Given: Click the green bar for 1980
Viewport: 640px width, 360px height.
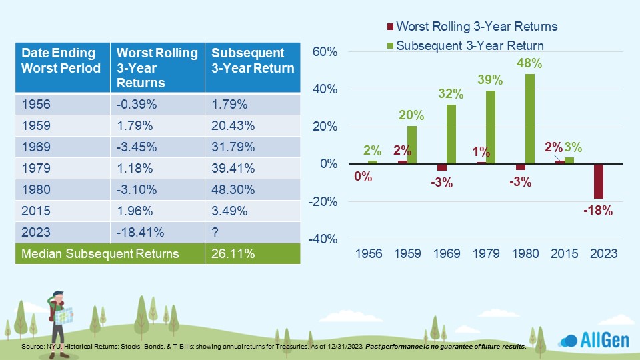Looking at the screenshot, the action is (530, 119).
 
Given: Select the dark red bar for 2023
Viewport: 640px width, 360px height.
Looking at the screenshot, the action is (599, 181).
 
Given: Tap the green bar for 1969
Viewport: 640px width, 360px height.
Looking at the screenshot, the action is (451, 134).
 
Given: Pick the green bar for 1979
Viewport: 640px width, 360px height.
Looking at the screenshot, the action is (491, 127).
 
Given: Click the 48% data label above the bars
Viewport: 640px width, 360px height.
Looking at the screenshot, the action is (529, 63).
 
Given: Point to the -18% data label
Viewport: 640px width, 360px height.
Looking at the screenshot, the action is (598, 211).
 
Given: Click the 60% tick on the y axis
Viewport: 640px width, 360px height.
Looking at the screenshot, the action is (325, 52).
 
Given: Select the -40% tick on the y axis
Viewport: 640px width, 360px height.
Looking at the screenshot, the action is (323, 239).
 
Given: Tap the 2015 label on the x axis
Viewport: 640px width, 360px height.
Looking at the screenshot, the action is (565, 253).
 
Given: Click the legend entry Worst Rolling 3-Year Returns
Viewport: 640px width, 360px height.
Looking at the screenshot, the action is (472, 27).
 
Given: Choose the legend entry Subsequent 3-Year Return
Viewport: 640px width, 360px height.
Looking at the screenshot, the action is (465, 45).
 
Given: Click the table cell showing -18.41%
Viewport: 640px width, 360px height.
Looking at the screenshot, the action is (157, 232).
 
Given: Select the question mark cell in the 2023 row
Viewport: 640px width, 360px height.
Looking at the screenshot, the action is (253, 232).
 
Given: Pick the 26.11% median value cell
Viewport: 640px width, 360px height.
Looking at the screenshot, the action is (253, 253).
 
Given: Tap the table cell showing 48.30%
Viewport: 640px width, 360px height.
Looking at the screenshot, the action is (253, 189).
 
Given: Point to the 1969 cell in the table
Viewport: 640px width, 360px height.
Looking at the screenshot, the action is (63, 147).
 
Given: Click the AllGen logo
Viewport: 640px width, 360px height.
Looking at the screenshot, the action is (594, 339).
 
